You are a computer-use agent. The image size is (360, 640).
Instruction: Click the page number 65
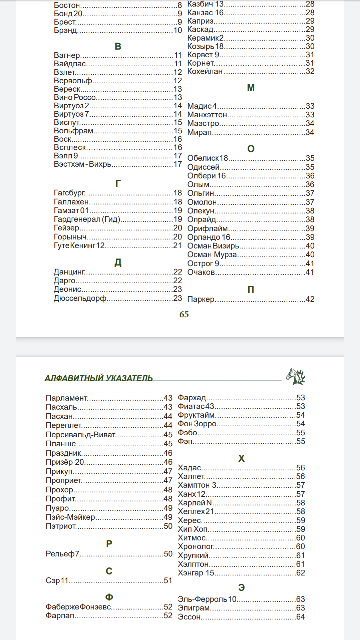[x=184, y=314]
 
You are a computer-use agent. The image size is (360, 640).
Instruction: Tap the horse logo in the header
[x=295, y=377]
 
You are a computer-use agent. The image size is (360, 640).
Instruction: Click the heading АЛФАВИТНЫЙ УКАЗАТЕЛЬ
[x=99, y=378]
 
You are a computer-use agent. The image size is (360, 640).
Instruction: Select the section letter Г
[x=118, y=183]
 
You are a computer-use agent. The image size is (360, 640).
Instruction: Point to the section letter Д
[x=118, y=263]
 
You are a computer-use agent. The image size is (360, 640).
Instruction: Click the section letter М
[x=251, y=88]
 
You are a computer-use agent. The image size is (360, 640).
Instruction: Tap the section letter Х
[x=241, y=458]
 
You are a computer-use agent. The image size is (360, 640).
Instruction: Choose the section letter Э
[x=241, y=587]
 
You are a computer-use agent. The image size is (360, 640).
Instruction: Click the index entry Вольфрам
[x=74, y=131]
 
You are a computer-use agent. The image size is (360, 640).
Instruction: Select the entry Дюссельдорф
[x=80, y=298]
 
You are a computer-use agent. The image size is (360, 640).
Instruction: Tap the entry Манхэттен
[x=207, y=115]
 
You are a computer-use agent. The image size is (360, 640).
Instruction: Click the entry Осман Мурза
[x=212, y=255]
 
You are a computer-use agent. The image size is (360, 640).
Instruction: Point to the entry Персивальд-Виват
[x=81, y=435]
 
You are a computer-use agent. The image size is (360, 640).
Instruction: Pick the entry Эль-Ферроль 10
[x=207, y=599]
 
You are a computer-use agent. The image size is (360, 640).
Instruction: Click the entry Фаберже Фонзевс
[x=78, y=607]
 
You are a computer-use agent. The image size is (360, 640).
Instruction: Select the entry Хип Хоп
[x=193, y=529]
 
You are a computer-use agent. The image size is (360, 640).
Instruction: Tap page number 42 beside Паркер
[x=310, y=299]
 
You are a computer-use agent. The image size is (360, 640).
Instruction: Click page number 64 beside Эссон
[x=300, y=617]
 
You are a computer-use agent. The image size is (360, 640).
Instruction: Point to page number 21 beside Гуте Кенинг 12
[x=177, y=246]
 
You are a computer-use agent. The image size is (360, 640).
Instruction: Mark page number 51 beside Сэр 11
[x=168, y=580]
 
